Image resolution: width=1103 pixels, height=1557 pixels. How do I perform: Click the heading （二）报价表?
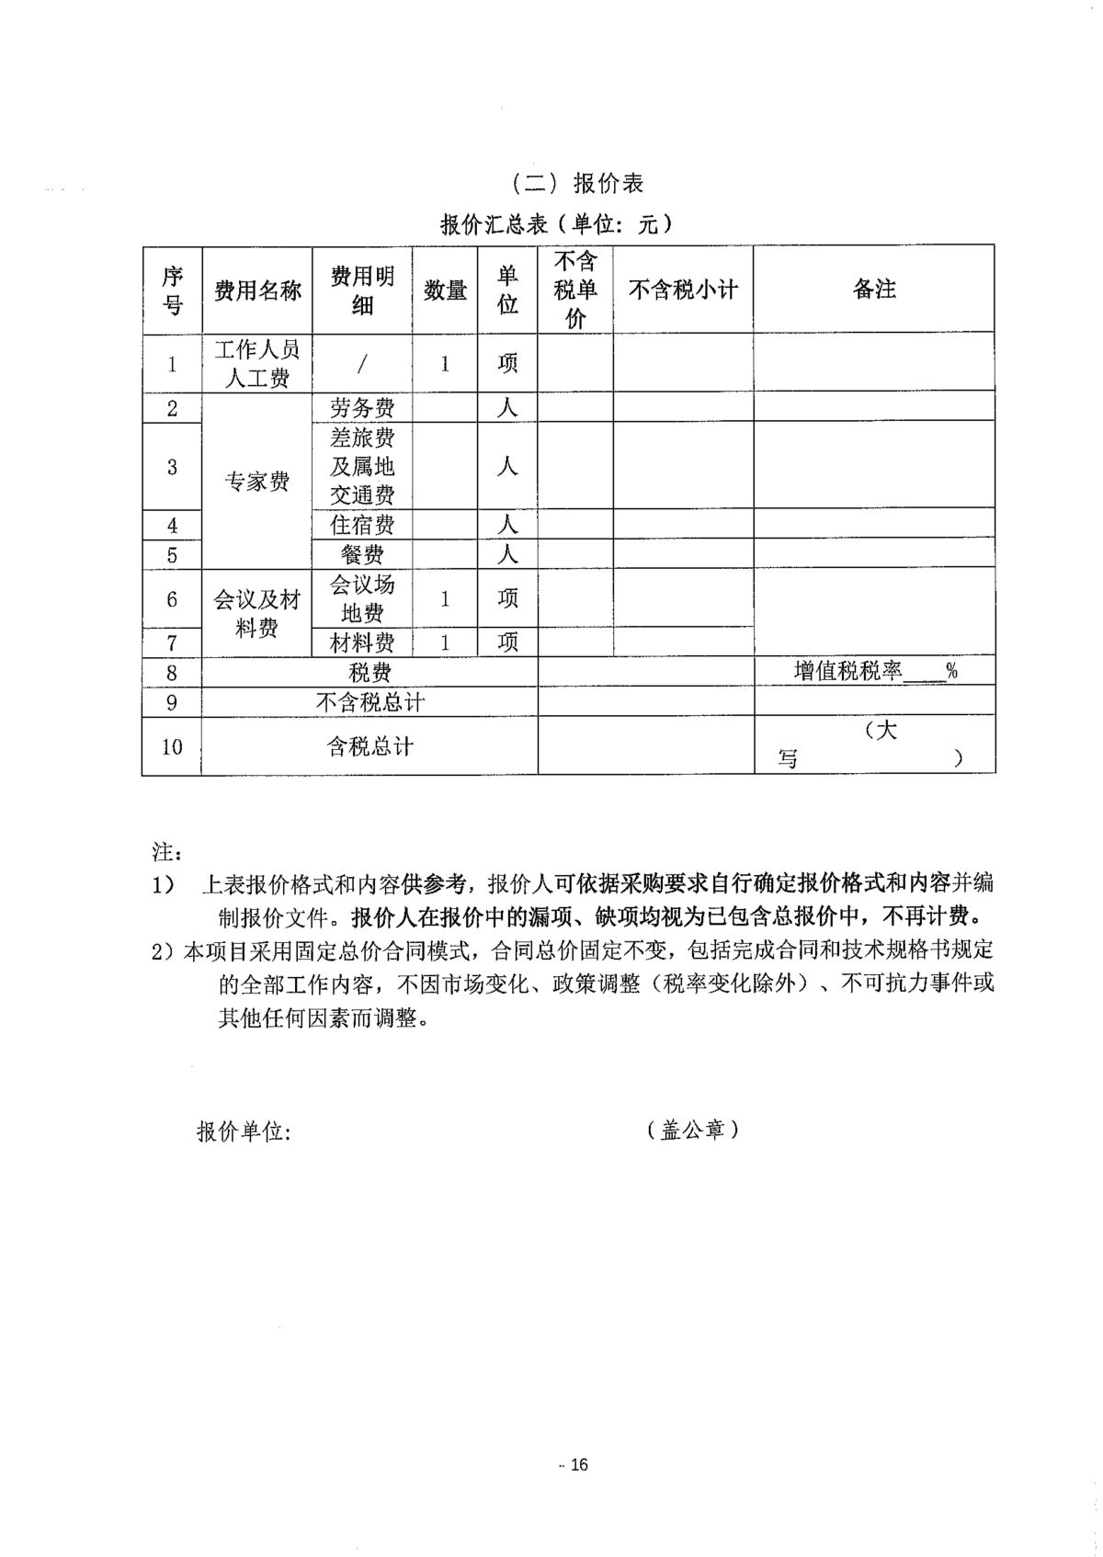click(578, 183)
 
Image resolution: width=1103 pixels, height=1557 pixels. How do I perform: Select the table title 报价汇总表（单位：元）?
click(556, 223)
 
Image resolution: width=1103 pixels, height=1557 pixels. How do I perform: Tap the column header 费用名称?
click(257, 291)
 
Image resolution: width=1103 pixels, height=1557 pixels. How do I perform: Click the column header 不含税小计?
click(683, 290)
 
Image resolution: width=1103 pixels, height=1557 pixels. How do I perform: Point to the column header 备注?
click(874, 290)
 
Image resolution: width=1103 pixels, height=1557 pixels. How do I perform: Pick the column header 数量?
click(445, 291)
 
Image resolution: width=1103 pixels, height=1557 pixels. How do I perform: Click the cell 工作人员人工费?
click(257, 363)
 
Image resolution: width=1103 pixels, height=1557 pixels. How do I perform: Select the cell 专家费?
click(257, 481)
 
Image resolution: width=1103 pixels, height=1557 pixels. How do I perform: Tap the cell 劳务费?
click(362, 407)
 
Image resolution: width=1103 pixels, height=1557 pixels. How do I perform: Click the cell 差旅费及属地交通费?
click(362, 466)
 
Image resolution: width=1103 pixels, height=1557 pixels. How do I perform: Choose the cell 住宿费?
click(362, 525)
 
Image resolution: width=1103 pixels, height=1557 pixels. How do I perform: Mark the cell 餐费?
click(362, 554)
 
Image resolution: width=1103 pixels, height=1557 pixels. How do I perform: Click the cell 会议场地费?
click(362, 598)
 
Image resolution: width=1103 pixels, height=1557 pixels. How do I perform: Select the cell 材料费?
click(362, 642)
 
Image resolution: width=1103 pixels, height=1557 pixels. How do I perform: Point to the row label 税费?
click(370, 673)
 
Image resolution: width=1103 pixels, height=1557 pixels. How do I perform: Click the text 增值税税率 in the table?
click(847, 671)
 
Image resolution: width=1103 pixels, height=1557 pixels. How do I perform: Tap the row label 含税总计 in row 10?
click(370, 746)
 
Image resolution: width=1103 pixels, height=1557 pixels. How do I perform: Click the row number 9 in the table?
click(172, 703)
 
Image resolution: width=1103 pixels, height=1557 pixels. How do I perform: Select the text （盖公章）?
click(693, 1130)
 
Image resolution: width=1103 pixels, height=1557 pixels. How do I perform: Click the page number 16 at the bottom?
click(578, 1464)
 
